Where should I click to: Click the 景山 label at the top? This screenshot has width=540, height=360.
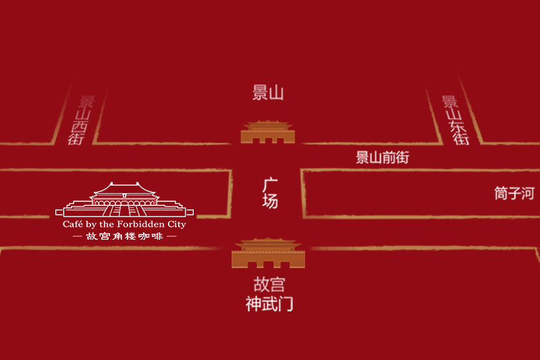(x=268, y=94)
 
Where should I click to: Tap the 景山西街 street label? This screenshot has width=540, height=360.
(x=82, y=120)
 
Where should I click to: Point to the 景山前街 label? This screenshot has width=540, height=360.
(x=383, y=158)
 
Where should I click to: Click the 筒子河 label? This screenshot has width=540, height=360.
(x=514, y=194)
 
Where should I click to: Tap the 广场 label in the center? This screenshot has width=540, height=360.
(x=270, y=192)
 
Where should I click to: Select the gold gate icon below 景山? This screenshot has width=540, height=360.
(x=269, y=132)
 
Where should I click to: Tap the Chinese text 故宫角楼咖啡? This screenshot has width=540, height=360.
(x=124, y=237)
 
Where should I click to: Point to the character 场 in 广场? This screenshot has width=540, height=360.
(x=270, y=201)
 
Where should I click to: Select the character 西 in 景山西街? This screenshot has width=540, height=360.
(x=78, y=126)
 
